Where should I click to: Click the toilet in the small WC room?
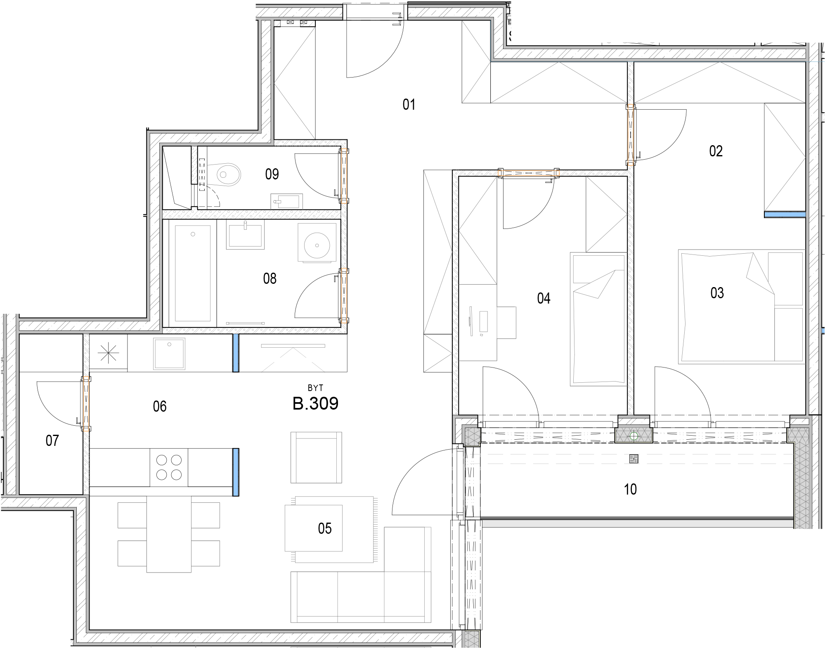(x=223, y=174)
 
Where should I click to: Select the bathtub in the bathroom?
(x=193, y=273)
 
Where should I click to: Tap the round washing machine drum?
(x=317, y=245)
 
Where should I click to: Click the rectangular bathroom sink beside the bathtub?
(x=245, y=235)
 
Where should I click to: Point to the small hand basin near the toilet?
(x=286, y=201)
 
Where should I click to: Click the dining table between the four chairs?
(x=169, y=534)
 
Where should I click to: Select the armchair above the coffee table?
(x=316, y=457)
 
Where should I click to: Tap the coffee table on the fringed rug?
(x=313, y=528)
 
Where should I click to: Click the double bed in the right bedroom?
(x=742, y=307)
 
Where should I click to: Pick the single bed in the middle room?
(x=599, y=319)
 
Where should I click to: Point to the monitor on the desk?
(x=471, y=321)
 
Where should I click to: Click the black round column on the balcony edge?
(x=634, y=436)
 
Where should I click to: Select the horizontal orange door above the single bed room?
(x=528, y=173)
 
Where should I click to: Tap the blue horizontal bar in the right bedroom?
(x=785, y=214)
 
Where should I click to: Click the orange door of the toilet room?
(x=344, y=176)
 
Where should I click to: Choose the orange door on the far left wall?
(x=86, y=403)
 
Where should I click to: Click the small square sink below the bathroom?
(x=169, y=353)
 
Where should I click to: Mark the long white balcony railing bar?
(x=638, y=523)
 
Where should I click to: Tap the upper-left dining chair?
(x=132, y=515)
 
